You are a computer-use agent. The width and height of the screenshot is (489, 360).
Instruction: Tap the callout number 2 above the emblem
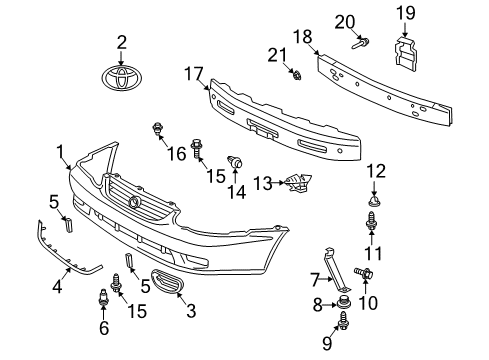point(122,42)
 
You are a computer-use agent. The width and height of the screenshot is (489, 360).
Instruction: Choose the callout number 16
point(238,162)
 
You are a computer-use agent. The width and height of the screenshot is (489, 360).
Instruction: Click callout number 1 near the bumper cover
point(62,151)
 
